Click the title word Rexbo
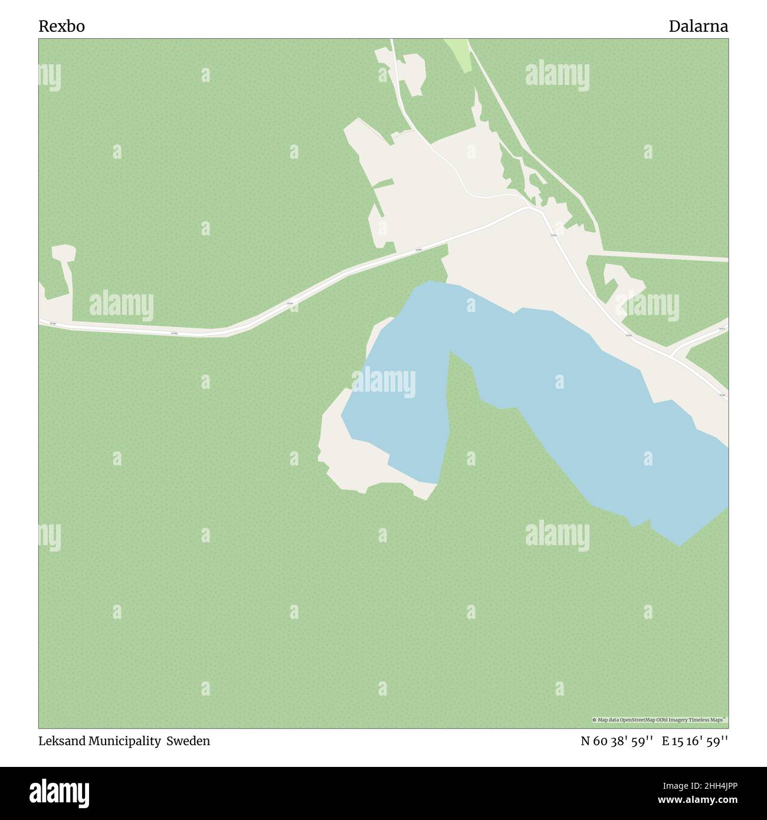(61, 27)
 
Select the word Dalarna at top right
(698, 27)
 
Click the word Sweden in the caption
(188, 741)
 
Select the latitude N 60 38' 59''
(617, 741)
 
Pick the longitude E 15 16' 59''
(694, 741)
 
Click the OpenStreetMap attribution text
(660, 720)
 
